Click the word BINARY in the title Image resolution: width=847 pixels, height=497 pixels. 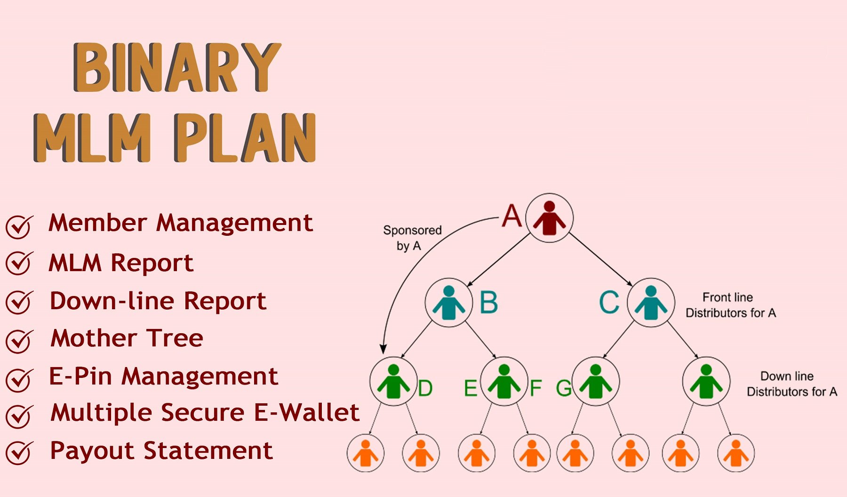[x=177, y=67]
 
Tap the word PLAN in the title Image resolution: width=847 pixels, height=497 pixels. [x=245, y=138]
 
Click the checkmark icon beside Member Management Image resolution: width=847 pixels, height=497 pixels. [x=19, y=226]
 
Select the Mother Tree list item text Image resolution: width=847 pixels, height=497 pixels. [x=127, y=338]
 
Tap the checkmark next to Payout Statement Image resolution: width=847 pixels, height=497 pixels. [x=19, y=452]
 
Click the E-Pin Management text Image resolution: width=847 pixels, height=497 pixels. [x=163, y=377]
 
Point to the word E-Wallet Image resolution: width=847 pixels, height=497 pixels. [x=306, y=412]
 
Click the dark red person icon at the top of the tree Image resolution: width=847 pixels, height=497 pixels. [x=549, y=218]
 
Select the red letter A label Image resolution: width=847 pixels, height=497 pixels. [x=512, y=216]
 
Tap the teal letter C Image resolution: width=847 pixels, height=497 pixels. [x=609, y=302]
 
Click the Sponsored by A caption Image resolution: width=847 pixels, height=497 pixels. [x=412, y=238]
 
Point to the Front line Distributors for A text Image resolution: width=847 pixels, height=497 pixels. [x=730, y=305]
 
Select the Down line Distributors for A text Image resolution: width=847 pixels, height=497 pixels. [x=792, y=384]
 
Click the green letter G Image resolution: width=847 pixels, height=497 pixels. [x=564, y=388]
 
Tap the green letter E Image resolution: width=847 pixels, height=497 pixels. [x=471, y=388]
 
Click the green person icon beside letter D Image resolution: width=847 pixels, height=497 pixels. [x=393, y=382]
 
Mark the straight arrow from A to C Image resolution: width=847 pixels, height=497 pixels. [x=600, y=259]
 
